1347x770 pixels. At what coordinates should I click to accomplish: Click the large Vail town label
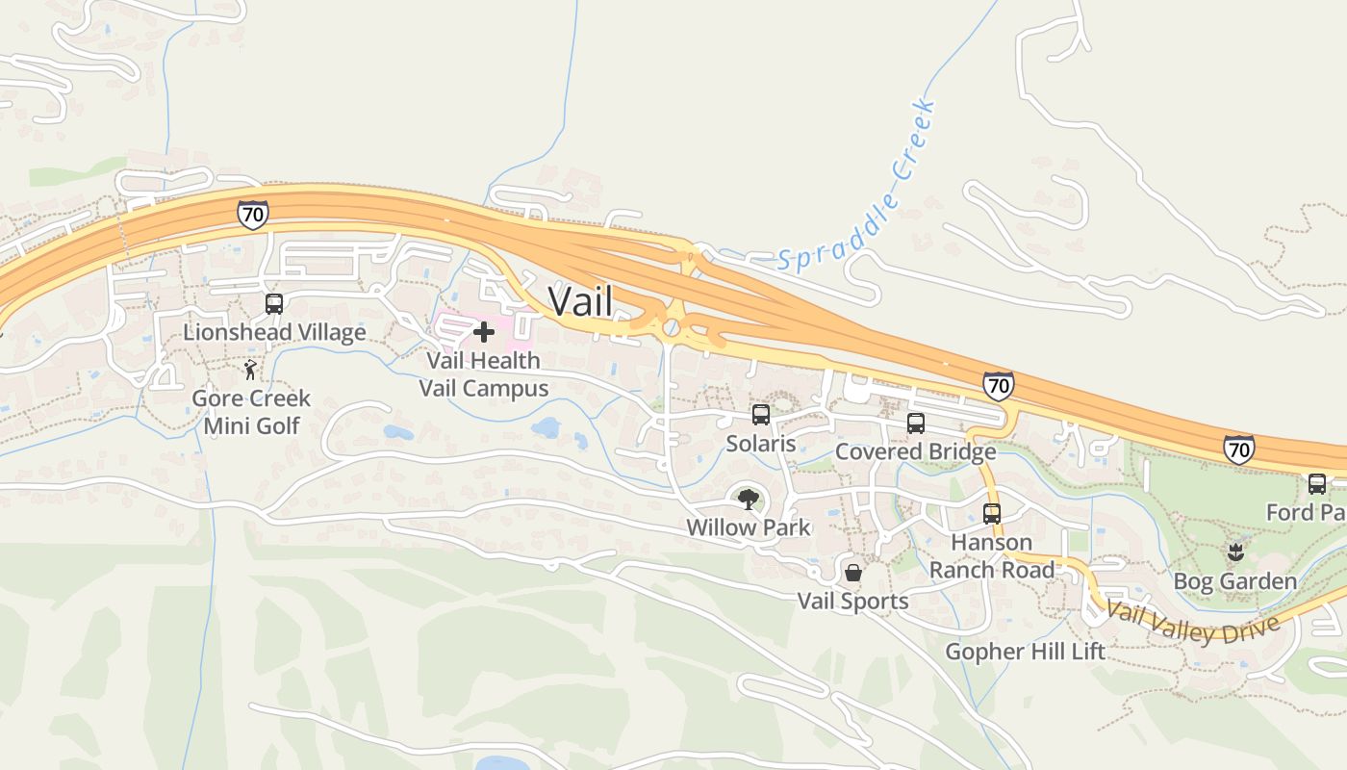580,301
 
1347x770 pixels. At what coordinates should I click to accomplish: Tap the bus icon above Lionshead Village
274,304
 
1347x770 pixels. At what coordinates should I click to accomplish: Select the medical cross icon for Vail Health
484,332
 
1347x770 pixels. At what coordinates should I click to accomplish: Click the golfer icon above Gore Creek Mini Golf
251,370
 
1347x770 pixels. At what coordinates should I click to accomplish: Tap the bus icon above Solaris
761,415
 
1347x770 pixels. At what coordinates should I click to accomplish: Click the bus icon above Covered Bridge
916,423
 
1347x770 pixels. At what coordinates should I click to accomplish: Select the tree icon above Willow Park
748,499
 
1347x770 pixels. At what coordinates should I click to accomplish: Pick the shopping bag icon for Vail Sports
852,573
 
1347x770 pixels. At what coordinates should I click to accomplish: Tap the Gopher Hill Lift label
1025,652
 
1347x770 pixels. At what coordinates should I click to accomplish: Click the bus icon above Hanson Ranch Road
992,513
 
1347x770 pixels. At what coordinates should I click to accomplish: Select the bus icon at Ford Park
1317,483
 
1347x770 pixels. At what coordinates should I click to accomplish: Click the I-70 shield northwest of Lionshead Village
252,214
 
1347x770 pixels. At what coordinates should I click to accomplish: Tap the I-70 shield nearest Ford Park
1239,449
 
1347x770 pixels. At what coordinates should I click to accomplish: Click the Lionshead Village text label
274,333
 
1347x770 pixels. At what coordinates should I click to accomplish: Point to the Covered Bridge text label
915,451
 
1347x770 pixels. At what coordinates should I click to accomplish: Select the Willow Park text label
748,527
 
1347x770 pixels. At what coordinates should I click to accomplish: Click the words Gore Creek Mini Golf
251,412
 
